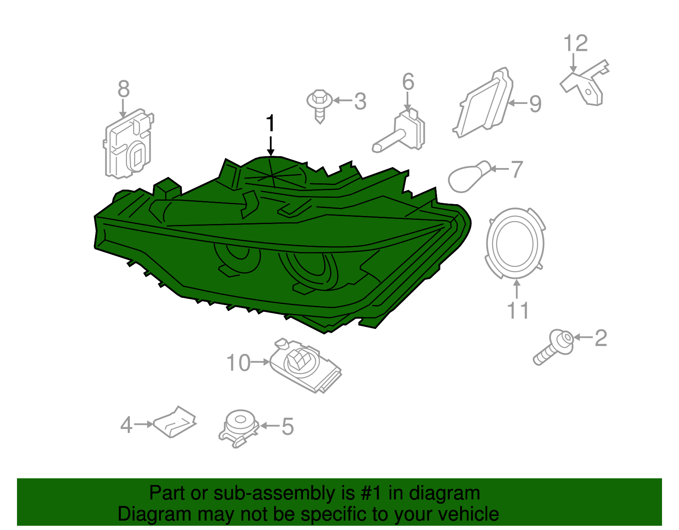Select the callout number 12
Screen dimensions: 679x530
coord(575,43)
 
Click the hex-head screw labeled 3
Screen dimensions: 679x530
coord(320,107)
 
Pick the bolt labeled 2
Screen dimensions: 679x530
coord(553,347)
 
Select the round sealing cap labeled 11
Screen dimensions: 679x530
coord(516,243)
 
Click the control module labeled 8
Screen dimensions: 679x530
coord(129,144)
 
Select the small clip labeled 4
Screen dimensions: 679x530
coord(175,422)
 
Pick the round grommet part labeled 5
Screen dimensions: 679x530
coord(239,428)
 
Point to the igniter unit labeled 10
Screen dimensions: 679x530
coord(305,365)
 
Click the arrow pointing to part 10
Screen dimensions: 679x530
coord(260,362)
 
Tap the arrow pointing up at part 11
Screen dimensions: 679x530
coord(517,289)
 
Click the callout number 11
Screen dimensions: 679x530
coord(518,311)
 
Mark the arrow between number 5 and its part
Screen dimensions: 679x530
coord(269,425)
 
